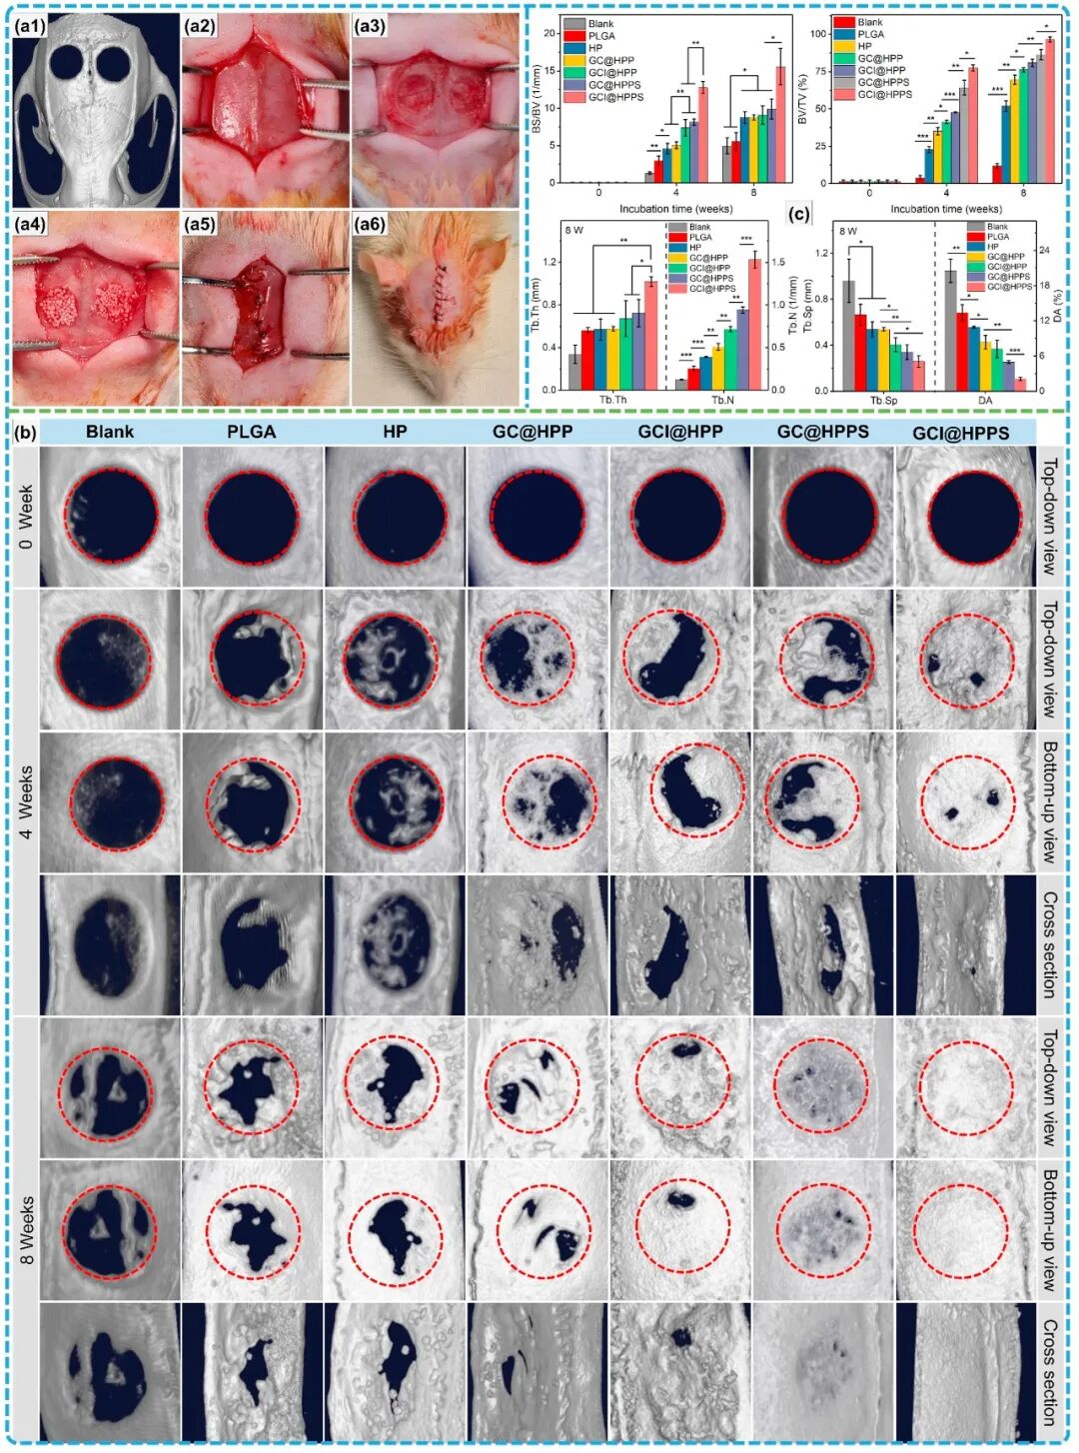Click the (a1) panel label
tap(31, 29)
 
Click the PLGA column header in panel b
tap(251, 433)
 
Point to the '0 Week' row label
tap(26, 517)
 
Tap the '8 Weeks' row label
tap(26, 1230)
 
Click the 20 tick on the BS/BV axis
tap(548, 33)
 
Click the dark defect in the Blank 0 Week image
tap(111, 517)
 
